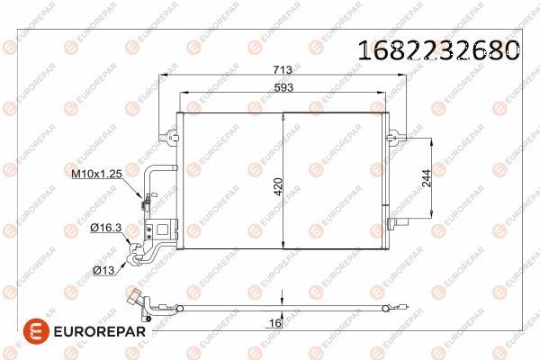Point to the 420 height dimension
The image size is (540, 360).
tap(278, 186)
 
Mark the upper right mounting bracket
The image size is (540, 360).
tap(392, 137)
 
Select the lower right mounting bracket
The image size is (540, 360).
tap(392, 223)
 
